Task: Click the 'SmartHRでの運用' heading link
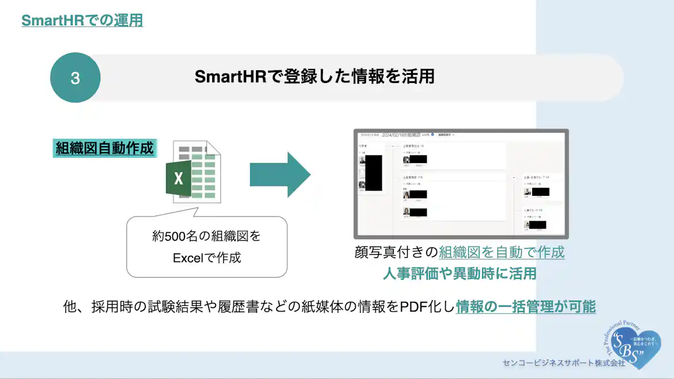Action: click(x=82, y=21)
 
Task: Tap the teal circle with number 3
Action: click(x=76, y=78)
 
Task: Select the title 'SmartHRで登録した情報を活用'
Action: click(x=314, y=77)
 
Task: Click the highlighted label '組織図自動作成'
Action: click(x=104, y=148)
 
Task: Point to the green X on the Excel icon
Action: click(x=179, y=179)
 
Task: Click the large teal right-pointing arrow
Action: click(x=280, y=175)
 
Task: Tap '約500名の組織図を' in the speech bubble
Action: click(x=206, y=236)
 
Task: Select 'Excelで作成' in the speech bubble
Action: click(x=206, y=257)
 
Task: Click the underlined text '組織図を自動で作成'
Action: click(x=502, y=252)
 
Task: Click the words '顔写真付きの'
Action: click(x=397, y=252)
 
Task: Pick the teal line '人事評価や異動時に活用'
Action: click(x=460, y=273)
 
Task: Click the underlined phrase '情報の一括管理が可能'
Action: click(x=525, y=306)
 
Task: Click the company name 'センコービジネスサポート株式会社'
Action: click(x=563, y=363)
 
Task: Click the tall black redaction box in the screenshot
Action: click(x=374, y=173)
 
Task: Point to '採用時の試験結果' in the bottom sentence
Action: click(x=144, y=306)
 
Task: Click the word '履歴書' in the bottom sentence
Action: click(x=235, y=306)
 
